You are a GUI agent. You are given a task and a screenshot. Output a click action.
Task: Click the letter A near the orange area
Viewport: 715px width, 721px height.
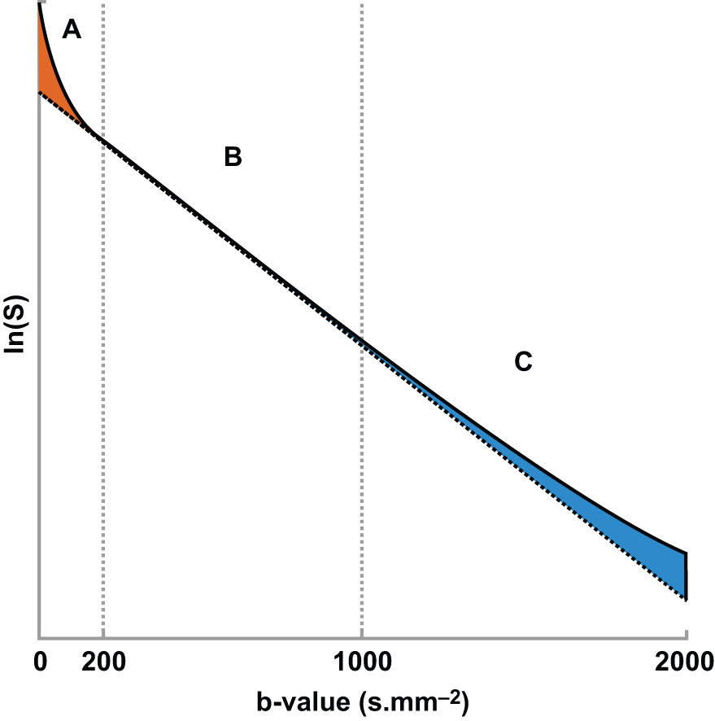pos(72,30)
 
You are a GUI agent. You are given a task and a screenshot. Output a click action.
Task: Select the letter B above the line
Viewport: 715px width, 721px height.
pos(233,157)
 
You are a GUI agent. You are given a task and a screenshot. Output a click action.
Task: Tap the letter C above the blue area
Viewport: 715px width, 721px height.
pos(522,361)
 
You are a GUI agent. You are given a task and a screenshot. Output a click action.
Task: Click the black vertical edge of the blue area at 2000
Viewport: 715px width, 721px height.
pos(687,576)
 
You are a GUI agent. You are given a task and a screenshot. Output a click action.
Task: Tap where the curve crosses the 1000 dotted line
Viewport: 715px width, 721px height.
pos(361,337)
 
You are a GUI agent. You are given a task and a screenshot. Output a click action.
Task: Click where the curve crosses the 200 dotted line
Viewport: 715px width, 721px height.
pos(103,139)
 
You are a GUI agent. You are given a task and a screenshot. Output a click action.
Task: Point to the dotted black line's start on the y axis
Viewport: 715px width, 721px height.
pos(39,92)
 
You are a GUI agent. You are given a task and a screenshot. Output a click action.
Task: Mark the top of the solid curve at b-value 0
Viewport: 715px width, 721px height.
pos(39,5)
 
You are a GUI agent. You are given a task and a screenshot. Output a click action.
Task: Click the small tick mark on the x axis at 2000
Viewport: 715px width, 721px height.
pos(687,636)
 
